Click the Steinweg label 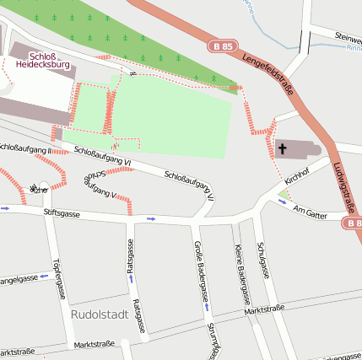click(x=348, y=38)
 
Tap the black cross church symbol click(x=283, y=150)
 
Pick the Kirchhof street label click(x=297, y=176)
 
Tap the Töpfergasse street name click(x=58, y=278)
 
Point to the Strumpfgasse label click(x=213, y=340)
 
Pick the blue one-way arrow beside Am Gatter click(x=283, y=201)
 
